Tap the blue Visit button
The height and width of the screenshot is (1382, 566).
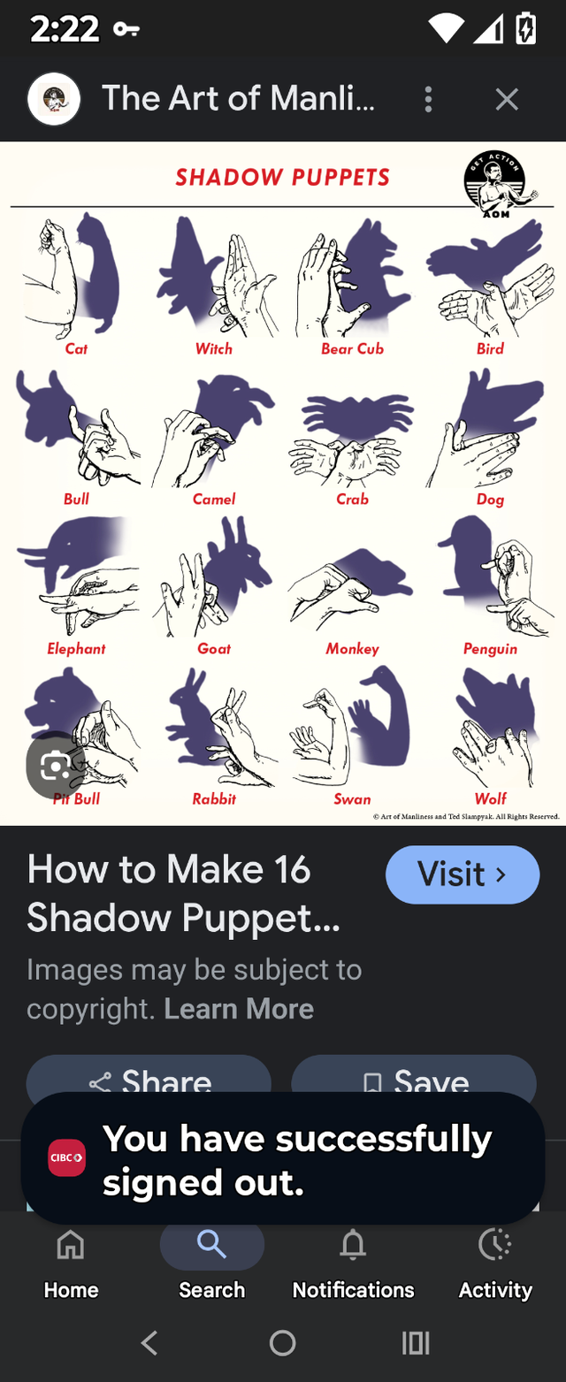[x=462, y=874]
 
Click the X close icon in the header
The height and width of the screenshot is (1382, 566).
[x=507, y=99]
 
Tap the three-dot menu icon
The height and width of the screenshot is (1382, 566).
[x=428, y=99]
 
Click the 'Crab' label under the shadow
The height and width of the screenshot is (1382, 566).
[x=352, y=499]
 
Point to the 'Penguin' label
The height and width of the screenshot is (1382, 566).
[x=490, y=649]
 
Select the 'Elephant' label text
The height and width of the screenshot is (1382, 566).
[x=76, y=649]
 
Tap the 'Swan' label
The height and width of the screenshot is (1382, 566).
[x=352, y=799]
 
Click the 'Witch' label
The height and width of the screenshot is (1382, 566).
[x=214, y=348]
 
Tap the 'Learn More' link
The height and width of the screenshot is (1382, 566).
[x=239, y=1009]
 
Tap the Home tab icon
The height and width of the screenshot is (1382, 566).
[x=71, y=1246]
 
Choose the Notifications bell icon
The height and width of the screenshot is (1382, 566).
[x=353, y=1246]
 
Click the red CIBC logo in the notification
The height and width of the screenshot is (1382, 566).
[x=66, y=1157]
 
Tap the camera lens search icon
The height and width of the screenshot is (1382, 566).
[x=55, y=765]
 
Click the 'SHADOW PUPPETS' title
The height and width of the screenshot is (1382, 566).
[x=282, y=177]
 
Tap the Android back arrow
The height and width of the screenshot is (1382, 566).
[x=149, y=1343]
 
